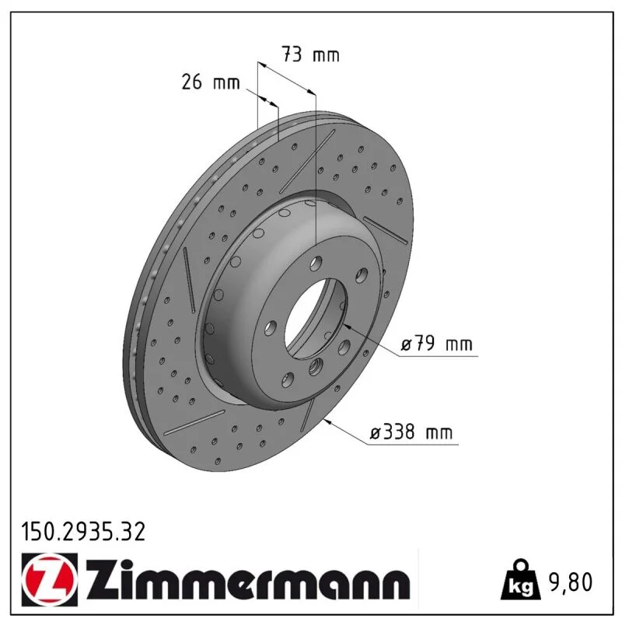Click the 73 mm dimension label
pyautogui.click(x=310, y=54)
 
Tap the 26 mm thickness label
pyautogui.click(x=211, y=82)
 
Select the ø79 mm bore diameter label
pyautogui.click(x=436, y=344)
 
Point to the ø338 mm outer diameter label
pyautogui.click(x=411, y=432)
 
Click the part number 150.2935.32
pyautogui.click(x=83, y=532)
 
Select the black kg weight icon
pyautogui.click(x=519, y=579)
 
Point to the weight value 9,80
pyautogui.click(x=570, y=582)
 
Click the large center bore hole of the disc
pyautogui.click(x=316, y=317)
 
